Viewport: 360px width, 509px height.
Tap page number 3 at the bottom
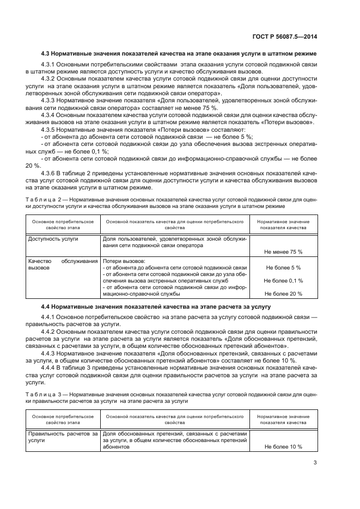click(315, 463)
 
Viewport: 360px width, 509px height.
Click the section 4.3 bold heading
click(179, 53)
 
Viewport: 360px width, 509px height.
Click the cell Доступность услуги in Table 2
click(53, 239)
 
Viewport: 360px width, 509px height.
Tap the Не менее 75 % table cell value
click(283, 252)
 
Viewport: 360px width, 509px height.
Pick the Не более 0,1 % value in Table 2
click(283, 281)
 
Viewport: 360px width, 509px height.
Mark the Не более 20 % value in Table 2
click(283, 294)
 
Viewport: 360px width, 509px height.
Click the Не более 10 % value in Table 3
click(283, 446)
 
